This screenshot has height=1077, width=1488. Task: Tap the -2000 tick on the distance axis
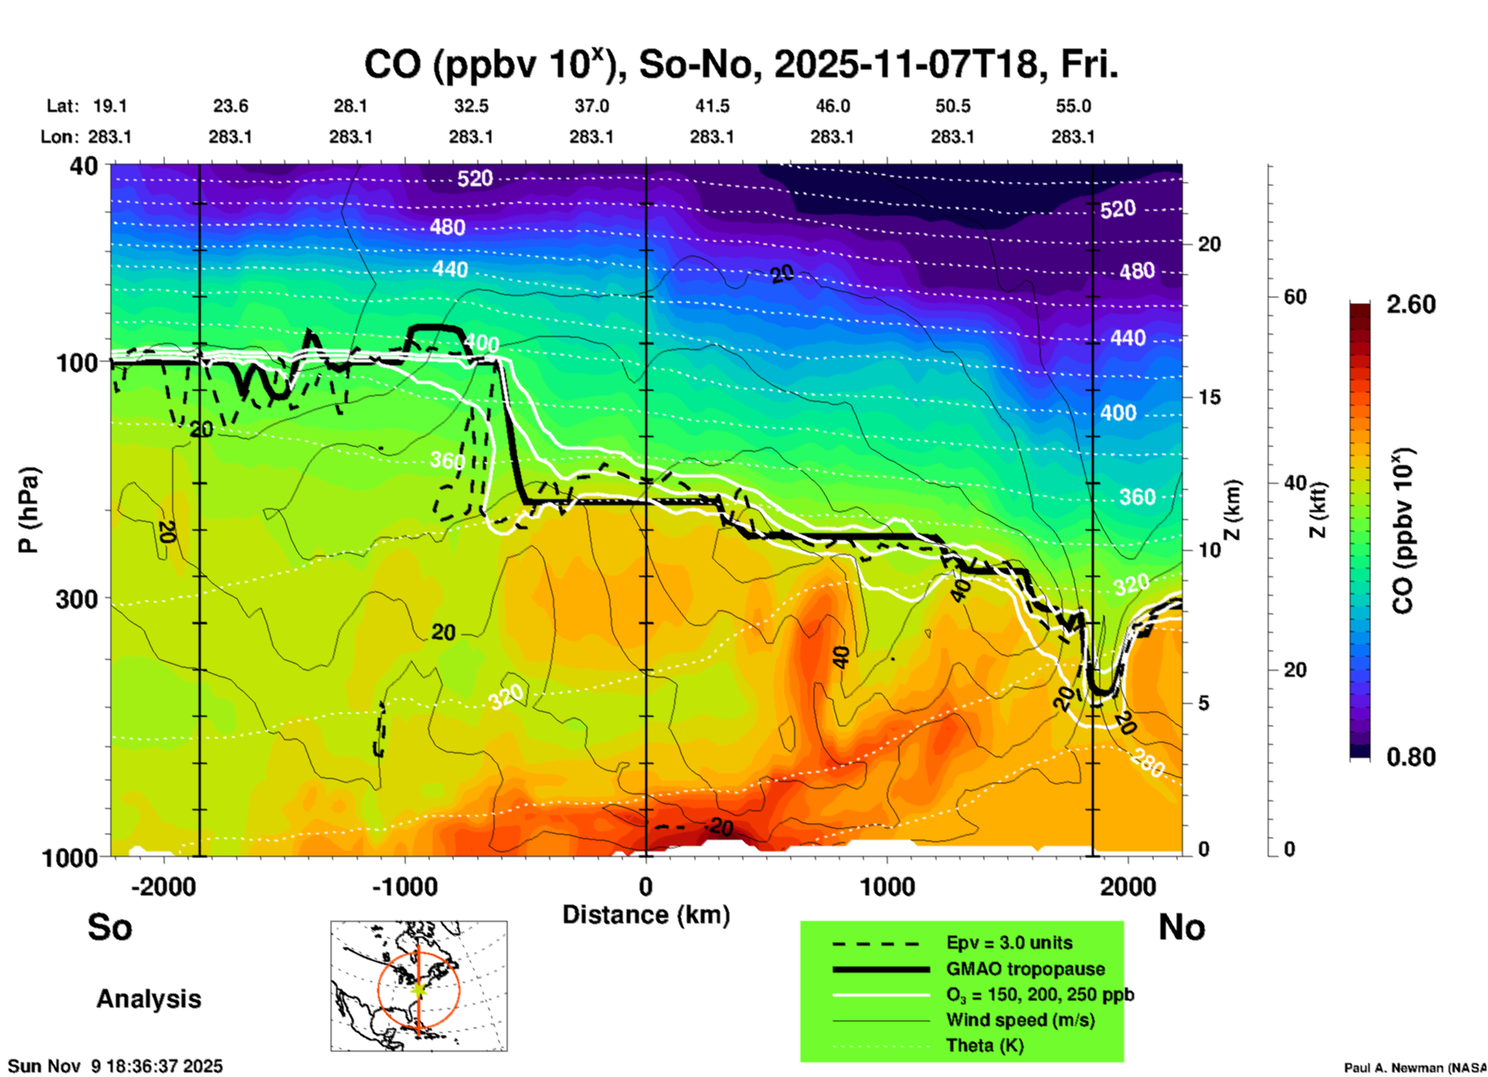pyautogui.click(x=164, y=887)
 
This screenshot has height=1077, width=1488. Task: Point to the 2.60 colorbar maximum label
pyautogui.click(x=1411, y=304)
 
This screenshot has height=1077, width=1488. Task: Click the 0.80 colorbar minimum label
pyautogui.click(x=1411, y=756)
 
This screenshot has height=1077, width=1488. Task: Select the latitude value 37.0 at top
pyautogui.click(x=592, y=106)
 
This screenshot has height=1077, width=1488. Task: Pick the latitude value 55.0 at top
pyautogui.click(x=1073, y=106)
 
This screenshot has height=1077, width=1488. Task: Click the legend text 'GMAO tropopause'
pyautogui.click(x=1025, y=969)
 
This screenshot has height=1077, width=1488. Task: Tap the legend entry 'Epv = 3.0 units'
pyautogui.click(x=1009, y=943)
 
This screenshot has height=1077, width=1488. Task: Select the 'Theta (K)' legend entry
pyautogui.click(x=984, y=1045)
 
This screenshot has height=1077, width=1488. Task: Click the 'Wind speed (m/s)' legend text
pyautogui.click(x=1020, y=1020)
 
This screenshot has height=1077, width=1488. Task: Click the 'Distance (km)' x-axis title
pyautogui.click(x=646, y=915)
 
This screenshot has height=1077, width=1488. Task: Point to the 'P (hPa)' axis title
pyautogui.click(x=29, y=510)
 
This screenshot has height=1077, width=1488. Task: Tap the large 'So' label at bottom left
pyautogui.click(x=110, y=927)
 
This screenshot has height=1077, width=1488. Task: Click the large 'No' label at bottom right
pyautogui.click(x=1181, y=927)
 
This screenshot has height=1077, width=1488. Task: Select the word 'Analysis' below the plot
pyautogui.click(x=148, y=999)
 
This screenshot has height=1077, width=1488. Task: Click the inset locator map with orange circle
pyautogui.click(x=419, y=986)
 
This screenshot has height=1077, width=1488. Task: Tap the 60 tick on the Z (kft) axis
pyautogui.click(x=1295, y=297)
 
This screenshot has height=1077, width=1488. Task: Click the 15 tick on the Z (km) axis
pyautogui.click(x=1208, y=397)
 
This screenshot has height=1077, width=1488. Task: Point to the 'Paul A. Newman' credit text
pyautogui.click(x=1414, y=1068)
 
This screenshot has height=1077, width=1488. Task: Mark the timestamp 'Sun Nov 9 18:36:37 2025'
pyautogui.click(x=116, y=1066)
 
